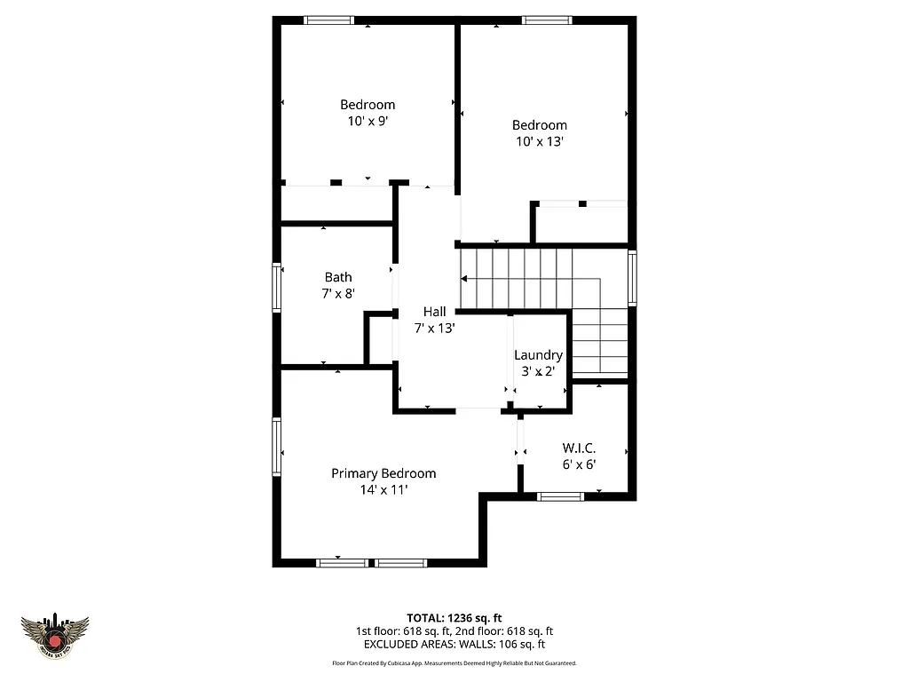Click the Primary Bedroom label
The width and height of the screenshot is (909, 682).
(x=383, y=473)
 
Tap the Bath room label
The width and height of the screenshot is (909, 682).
(x=337, y=277)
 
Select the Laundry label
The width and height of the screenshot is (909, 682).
(x=538, y=355)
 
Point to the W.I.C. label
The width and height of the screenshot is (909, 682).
(x=578, y=448)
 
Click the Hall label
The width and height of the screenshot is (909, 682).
(x=435, y=312)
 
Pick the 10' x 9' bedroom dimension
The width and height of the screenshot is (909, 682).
(x=368, y=121)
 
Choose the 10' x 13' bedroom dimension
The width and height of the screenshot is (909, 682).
(x=539, y=141)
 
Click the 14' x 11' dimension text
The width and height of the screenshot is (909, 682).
(x=383, y=489)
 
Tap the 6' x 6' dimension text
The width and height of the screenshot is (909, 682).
(x=578, y=464)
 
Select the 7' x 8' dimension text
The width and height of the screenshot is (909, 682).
(x=337, y=293)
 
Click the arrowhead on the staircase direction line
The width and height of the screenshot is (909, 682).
(x=464, y=279)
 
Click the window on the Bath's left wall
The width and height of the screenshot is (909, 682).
(x=276, y=288)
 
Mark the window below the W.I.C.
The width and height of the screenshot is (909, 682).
(x=561, y=496)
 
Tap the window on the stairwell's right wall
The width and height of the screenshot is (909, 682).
(x=632, y=278)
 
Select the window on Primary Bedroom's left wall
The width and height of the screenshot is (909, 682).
(x=276, y=447)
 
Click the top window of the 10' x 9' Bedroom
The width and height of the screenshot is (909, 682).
(x=329, y=20)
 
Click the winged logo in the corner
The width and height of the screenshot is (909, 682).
(x=55, y=637)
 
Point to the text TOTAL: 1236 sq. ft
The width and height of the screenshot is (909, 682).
(x=454, y=617)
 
